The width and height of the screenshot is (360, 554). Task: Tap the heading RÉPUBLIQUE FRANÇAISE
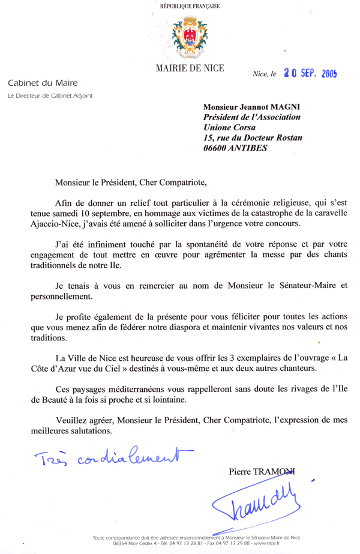tap(190, 7)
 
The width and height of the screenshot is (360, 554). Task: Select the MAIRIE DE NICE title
tap(190, 68)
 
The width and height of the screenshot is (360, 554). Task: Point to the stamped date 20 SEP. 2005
tap(311, 74)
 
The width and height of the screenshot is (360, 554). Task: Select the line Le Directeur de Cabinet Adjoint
tap(50, 95)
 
